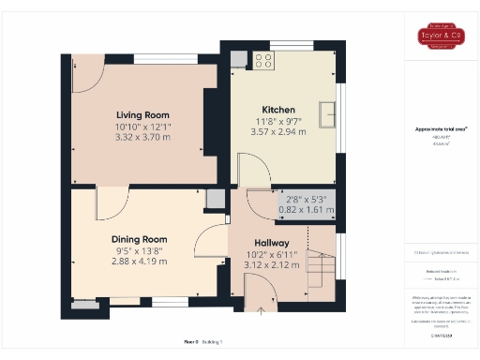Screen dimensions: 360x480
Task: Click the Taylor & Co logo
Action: tap(440, 37)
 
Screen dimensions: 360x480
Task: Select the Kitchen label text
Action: tap(278, 110)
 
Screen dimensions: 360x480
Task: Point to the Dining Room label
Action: tap(140, 239)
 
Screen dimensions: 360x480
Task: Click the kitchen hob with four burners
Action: tap(263, 61)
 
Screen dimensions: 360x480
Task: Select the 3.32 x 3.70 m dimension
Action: tap(142, 137)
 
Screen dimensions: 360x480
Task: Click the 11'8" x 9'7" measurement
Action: tap(278, 121)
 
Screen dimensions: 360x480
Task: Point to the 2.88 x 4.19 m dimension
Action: tap(140, 262)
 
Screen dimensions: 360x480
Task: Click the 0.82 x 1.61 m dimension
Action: tap(310, 211)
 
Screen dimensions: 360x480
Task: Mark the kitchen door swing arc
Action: tap(252, 169)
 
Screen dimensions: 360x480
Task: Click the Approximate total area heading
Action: tap(441, 128)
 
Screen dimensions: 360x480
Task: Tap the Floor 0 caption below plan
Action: tap(190, 342)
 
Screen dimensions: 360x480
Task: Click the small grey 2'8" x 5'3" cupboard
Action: tap(309, 204)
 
